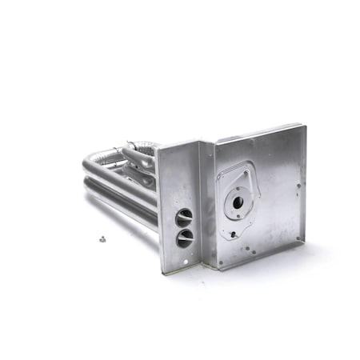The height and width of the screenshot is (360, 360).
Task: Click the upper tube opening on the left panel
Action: click(184, 217)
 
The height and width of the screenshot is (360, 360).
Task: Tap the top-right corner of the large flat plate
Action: click(303, 126)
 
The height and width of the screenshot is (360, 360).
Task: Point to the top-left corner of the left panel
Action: click(159, 150)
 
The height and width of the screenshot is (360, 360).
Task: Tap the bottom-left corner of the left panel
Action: click(164, 272)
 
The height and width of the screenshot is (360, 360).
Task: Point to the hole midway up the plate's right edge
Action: click(299, 186)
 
